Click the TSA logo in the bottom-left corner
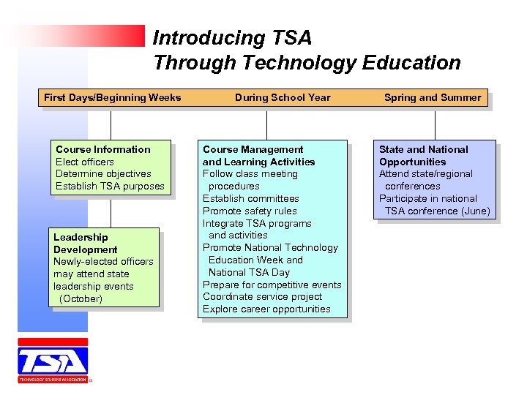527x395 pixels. pyautogui.click(x=53, y=361)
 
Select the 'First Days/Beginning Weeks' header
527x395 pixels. pyautogui.click(x=112, y=97)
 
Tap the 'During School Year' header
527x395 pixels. pyautogui.click(x=283, y=97)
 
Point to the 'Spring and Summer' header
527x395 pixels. pyautogui.click(x=433, y=97)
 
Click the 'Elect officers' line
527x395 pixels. pyautogui.click(x=85, y=162)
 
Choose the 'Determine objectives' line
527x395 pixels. pyautogui.click(x=103, y=174)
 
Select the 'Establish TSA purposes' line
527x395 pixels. pyautogui.click(x=111, y=187)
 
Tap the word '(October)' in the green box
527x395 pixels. pyautogui.click(x=81, y=298)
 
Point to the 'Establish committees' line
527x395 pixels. pyautogui.click(x=251, y=198)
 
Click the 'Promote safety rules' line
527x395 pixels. pyautogui.click(x=250, y=211)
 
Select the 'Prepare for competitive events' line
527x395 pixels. pyautogui.click(x=272, y=285)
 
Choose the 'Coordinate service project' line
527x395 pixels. pyautogui.click(x=262, y=297)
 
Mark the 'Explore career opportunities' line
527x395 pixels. pyautogui.click(x=266, y=309)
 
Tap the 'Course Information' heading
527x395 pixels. pyautogui.click(x=103, y=149)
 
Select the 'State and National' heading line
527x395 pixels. pyautogui.click(x=423, y=149)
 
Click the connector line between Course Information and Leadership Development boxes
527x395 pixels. pyautogui.click(x=111, y=213)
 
